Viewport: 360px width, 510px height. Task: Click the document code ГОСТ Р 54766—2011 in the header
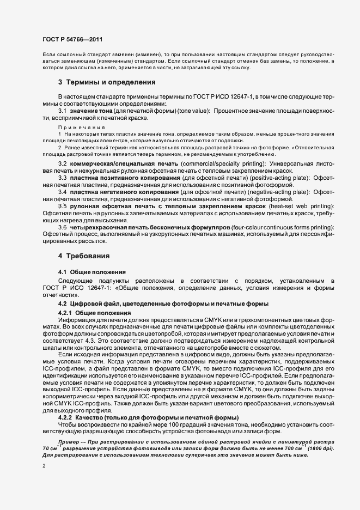coord(72,39)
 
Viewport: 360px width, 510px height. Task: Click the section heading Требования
coord(88,256)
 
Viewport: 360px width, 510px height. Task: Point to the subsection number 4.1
coord(62,271)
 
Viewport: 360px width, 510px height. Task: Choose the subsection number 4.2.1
coord(65,313)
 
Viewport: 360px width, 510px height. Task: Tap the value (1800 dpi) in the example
coord(321,448)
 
